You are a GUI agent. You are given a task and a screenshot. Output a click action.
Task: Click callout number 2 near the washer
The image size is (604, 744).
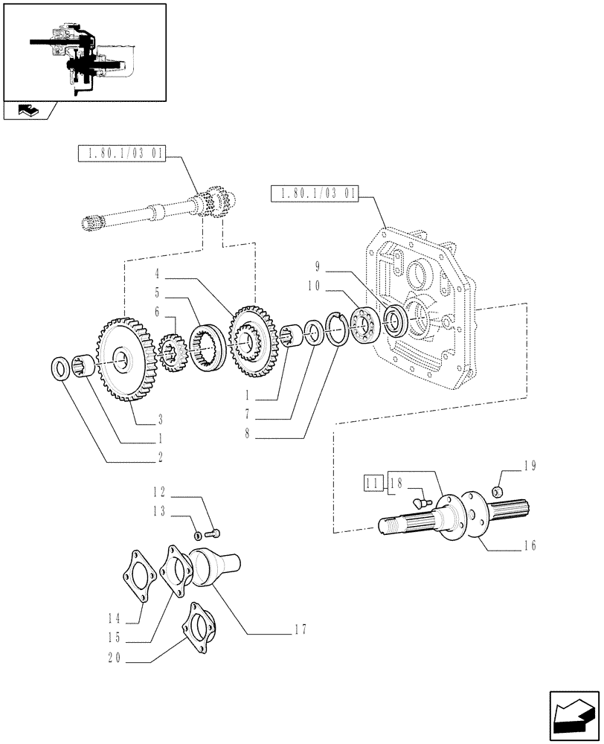tap(160, 455)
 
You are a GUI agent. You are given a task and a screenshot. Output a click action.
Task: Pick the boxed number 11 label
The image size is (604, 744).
tap(373, 483)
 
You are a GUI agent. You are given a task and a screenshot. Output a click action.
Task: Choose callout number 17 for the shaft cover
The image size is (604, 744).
tap(300, 629)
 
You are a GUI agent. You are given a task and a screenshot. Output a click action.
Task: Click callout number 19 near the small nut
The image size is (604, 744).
tap(529, 467)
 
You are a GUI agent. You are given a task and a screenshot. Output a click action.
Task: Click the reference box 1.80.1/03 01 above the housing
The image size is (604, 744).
tap(315, 194)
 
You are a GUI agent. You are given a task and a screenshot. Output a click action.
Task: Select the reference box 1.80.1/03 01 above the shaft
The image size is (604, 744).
tap(122, 154)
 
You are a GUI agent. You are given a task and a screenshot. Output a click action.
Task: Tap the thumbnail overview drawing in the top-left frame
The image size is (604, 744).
tap(84, 52)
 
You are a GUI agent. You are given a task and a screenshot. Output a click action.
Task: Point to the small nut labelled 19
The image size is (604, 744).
tap(500, 491)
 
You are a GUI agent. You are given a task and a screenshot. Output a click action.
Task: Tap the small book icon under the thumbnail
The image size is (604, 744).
tap(25, 112)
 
